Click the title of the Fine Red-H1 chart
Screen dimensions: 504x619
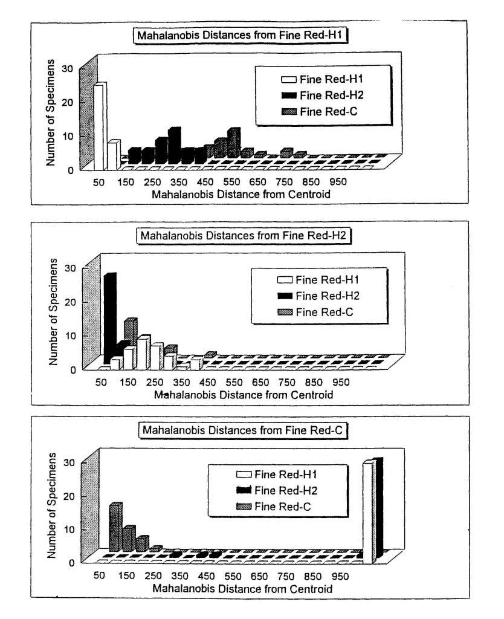239,35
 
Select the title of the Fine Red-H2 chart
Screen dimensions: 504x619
243,236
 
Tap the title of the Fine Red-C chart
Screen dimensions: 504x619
243,430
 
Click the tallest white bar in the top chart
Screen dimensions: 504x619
100,126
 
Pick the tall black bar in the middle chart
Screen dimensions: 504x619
110,318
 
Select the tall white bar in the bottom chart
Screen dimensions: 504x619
368,512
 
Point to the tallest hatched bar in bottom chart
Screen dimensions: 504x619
115,527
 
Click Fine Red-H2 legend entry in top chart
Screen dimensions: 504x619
322,96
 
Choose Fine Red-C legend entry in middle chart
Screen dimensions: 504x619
315,313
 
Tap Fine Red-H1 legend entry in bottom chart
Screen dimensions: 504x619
276,474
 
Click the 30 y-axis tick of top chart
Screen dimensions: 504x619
68,69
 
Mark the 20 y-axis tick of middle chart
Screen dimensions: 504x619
70,302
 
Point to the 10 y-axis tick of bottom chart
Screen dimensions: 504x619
69,529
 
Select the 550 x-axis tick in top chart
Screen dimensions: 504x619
231,182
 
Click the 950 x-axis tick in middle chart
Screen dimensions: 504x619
341,382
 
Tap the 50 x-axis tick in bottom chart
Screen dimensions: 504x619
99,575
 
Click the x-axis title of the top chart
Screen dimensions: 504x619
241,194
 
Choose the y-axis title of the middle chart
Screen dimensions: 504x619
53,311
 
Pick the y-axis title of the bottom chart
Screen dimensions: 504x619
52,505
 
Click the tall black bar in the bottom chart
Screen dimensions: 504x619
379,508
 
